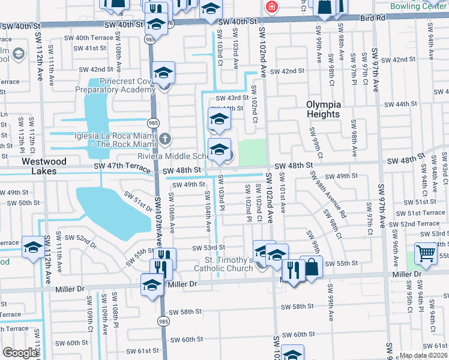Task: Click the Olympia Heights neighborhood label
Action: click(324, 109)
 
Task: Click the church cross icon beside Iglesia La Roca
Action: click(165, 139)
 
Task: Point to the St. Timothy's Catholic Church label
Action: click(221, 265)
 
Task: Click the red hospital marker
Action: click(271, 7)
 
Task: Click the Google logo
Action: click(20, 353)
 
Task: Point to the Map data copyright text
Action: click(423, 355)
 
